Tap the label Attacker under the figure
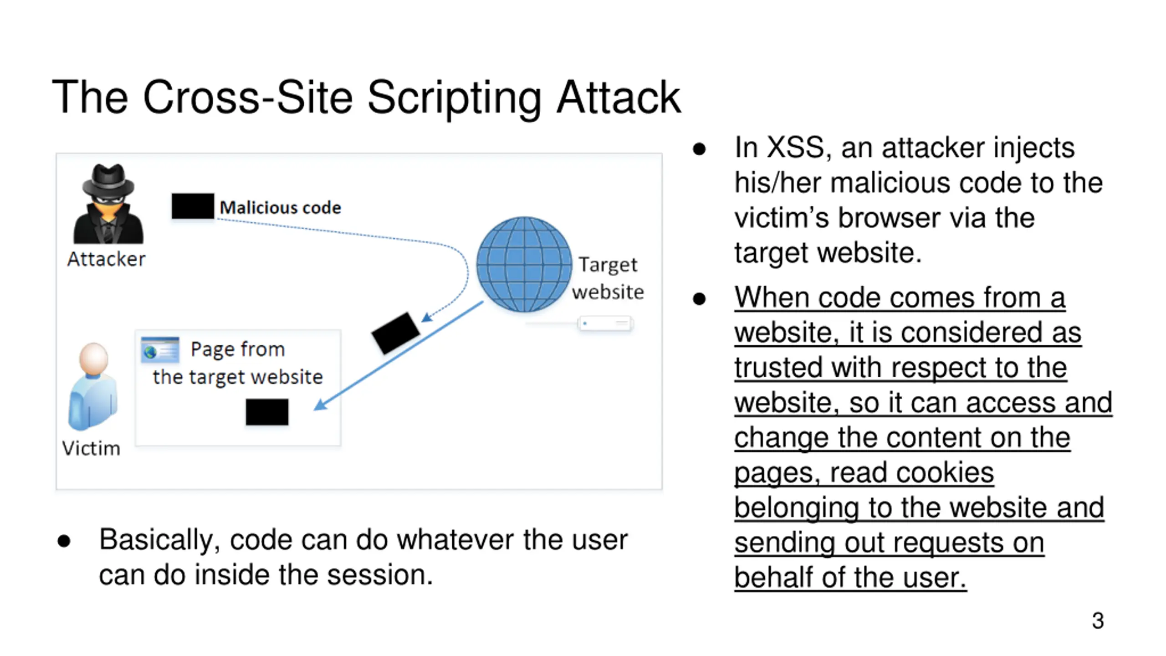[106, 259]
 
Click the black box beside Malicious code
[193, 206]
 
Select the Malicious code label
[280, 208]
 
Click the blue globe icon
[524, 264]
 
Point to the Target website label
[608, 278]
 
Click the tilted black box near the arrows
[395, 333]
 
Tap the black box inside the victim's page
[267, 412]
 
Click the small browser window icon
[160, 350]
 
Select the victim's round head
[94, 358]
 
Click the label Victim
[91, 449]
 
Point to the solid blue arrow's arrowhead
[320, 405]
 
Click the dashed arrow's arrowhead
[426, 317]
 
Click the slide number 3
[1098, 620]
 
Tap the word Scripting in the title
[454, 98]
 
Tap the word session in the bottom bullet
[384, 575]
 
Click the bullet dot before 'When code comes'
[699, 299]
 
